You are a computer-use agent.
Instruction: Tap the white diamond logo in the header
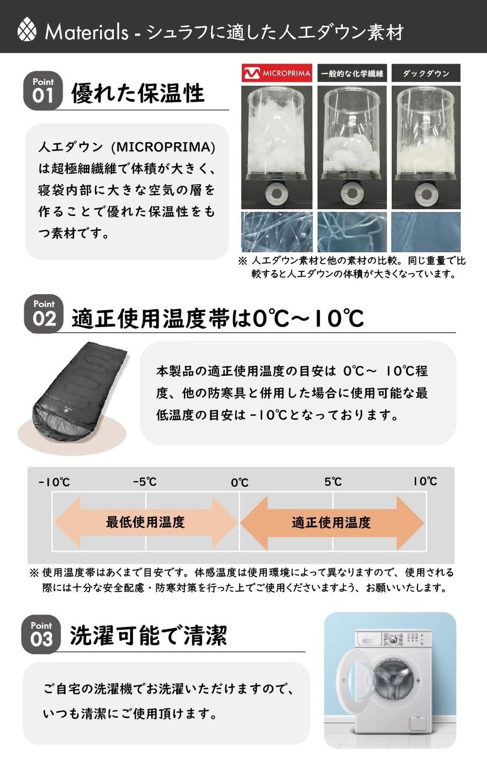point(27,30)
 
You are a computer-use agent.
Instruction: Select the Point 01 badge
point(43,91)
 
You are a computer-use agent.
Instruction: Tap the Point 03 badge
point(41,634)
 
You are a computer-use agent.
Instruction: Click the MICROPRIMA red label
point(277,74)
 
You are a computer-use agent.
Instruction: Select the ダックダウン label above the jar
point(426,74)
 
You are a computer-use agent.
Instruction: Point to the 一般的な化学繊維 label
point(352,74)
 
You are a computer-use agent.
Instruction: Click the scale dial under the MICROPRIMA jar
point(276,194)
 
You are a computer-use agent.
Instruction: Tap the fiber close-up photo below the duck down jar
point(426,232)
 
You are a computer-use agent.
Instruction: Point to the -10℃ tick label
point(54,482)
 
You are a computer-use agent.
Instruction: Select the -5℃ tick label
point(145,482)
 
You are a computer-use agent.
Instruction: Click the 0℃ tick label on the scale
point(239,482)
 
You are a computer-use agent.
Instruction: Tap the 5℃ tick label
point(333,482)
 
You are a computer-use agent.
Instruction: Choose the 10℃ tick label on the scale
point(425,481)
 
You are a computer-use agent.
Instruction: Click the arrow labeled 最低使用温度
point(145,522)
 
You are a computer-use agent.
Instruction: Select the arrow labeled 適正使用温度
point(332,522)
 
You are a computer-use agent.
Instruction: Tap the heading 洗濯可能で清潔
point(148,635)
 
